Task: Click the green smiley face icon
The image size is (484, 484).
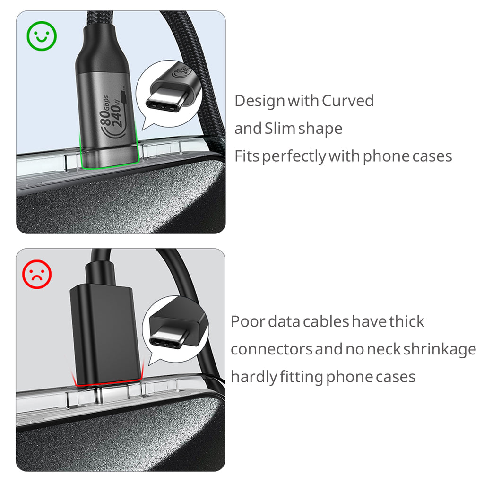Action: (42, 35)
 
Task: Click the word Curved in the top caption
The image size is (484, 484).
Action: (347, 101)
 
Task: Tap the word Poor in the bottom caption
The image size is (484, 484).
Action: (248, 321)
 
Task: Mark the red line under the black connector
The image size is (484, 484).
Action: (108, 383)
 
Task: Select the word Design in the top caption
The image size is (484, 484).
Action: (259, 101)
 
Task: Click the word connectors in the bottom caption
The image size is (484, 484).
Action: (271, 349)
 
